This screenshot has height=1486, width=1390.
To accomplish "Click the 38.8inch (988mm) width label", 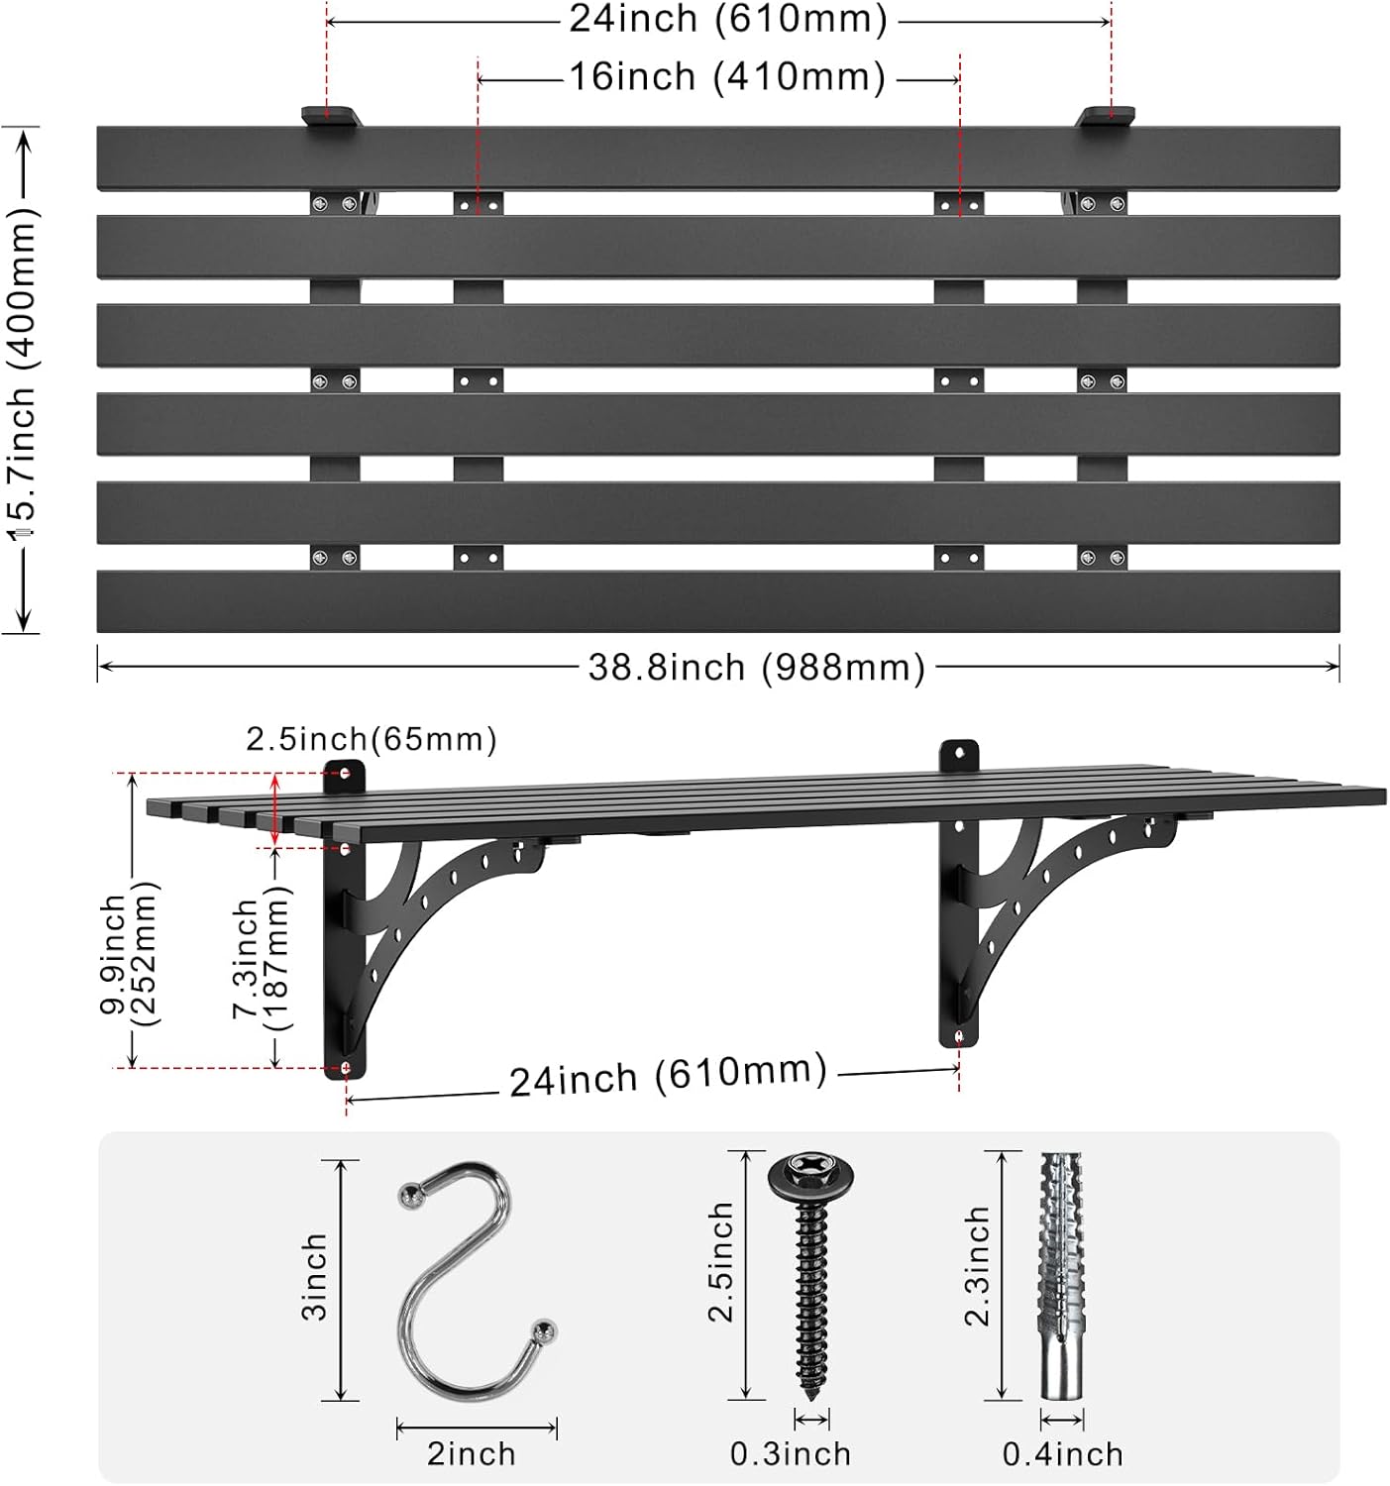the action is (756, 668).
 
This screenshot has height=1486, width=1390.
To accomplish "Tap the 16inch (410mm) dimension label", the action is (727, 77).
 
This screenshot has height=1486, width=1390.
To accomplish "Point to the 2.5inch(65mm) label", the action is (372, 739).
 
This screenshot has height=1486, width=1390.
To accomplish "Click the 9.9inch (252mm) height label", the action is (129, 955).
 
